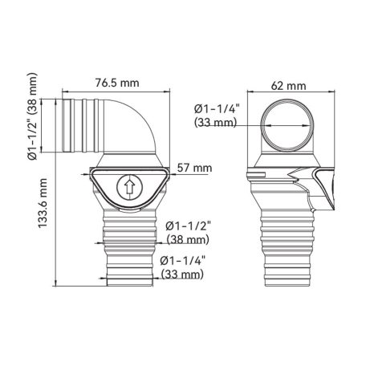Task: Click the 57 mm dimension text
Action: coord(195,168)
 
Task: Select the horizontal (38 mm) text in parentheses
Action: coord(186,239)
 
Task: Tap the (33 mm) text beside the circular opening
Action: coord(215,123)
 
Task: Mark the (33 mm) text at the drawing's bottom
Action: coord(182,274)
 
